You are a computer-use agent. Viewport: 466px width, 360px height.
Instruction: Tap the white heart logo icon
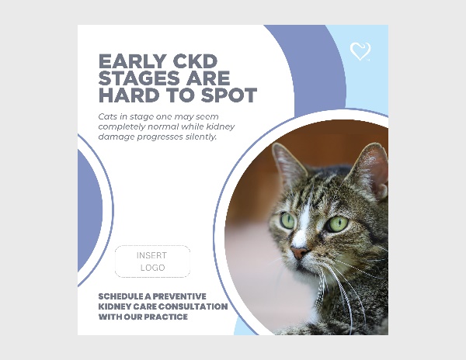[x=360, y=52]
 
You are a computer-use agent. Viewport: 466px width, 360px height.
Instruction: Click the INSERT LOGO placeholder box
[x=152, y=261]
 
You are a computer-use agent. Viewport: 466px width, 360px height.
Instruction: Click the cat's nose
[x=299, y=253]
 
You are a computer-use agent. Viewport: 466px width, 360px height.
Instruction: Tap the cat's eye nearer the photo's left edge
[x=287, y=220]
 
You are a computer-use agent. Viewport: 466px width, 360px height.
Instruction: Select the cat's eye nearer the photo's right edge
[x=338, y=224]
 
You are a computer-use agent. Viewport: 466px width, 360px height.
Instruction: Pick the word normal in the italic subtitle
[x=163, y=127]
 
